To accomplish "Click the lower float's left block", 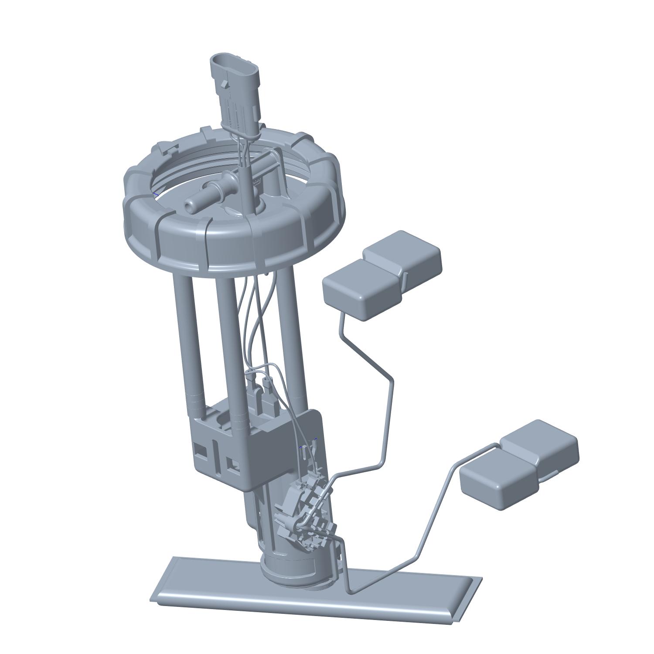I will click(x=497, y=477).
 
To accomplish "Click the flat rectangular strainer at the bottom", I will click(x=314, y=593).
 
